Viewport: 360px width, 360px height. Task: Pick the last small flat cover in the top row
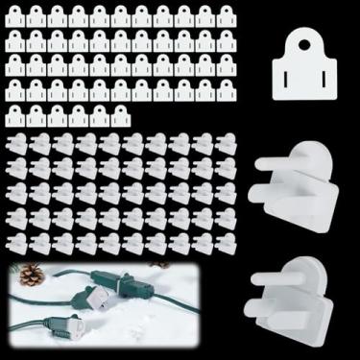(226, 17)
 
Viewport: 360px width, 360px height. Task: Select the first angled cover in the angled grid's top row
(17, 145)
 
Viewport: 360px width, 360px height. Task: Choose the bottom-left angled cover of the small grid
(17, 237)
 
